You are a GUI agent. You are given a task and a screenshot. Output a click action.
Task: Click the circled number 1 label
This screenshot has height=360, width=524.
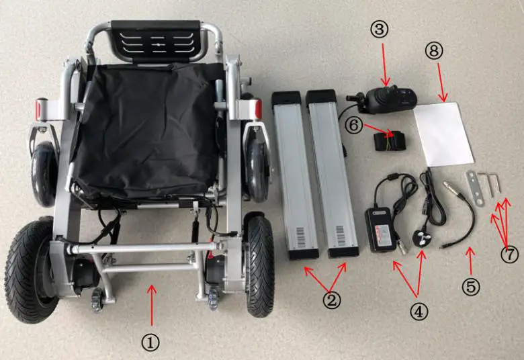click(151, 342)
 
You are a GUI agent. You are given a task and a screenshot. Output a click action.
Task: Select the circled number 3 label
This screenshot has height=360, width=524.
click(380, 29)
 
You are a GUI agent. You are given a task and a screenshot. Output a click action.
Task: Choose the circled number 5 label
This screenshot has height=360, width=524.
click(471, 287)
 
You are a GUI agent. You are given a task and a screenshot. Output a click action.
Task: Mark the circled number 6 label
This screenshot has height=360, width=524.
click(356, 124)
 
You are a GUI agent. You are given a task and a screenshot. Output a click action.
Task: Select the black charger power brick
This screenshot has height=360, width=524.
click(380, 228)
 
